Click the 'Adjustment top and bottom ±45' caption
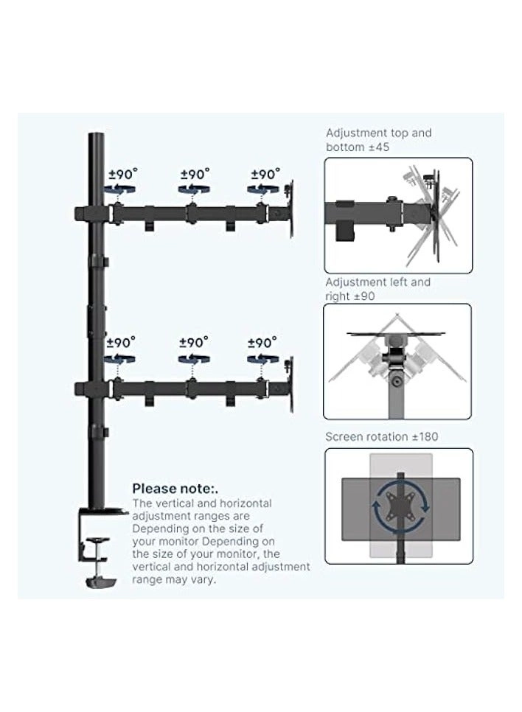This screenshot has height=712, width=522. [378, 140]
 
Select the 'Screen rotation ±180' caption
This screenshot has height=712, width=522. [381, 437]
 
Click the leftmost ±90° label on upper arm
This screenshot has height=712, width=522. [122, 175]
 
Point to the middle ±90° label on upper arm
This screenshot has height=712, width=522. [195, 175]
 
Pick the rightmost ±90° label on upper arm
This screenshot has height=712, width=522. [265, 175]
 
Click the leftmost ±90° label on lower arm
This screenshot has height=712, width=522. [121, 343]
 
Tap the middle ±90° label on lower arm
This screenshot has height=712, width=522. [194, 343]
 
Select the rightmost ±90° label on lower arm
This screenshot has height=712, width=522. [262, 343]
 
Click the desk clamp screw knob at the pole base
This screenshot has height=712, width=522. [97, 543]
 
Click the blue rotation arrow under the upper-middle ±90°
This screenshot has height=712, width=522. [192, 190]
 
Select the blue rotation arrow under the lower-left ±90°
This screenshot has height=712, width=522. [120, 359]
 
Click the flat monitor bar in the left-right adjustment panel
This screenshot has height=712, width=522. [399, 335]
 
